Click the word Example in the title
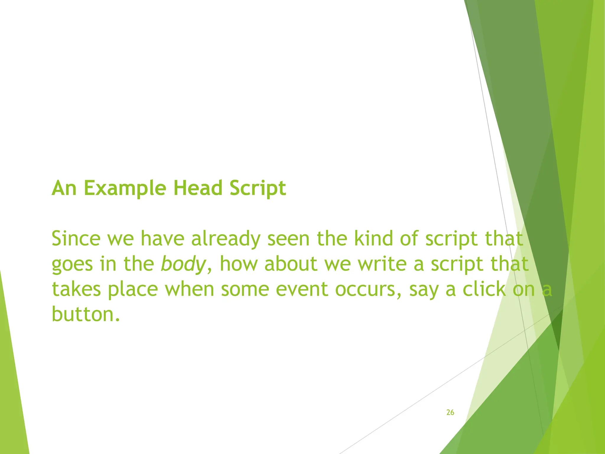125,188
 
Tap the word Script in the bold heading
258,188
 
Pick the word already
226,239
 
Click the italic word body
183,264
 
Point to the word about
291,264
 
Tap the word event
302,289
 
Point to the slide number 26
450,412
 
